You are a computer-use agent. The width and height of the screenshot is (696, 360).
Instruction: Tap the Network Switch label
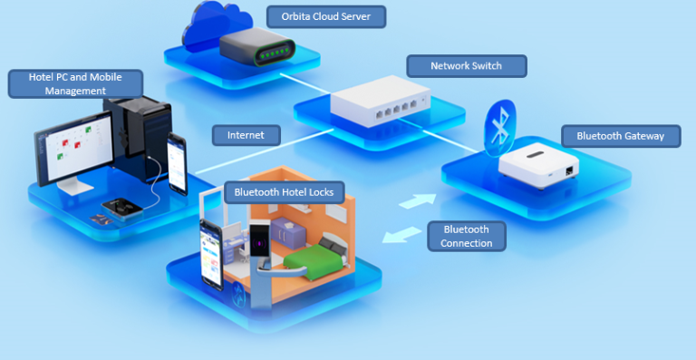pyautogui.click(x=467, y=65)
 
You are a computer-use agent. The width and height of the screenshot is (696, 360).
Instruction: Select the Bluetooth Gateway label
pyautogui.click(x=621, y=136)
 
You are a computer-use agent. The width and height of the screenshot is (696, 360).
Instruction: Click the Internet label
pyautogui.click(x=246, y=135)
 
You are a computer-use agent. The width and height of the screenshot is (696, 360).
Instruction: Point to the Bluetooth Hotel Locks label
pyautogui.click(x=284, y=191)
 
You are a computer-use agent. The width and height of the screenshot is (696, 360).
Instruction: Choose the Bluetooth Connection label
pyautogui.click(x=467, y=236)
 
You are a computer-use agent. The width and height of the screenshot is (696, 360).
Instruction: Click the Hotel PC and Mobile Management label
pyautogui.click(x=76, y=84)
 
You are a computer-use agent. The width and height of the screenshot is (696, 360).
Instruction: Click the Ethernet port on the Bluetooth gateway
pyautogui.click(x=567, y=170)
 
